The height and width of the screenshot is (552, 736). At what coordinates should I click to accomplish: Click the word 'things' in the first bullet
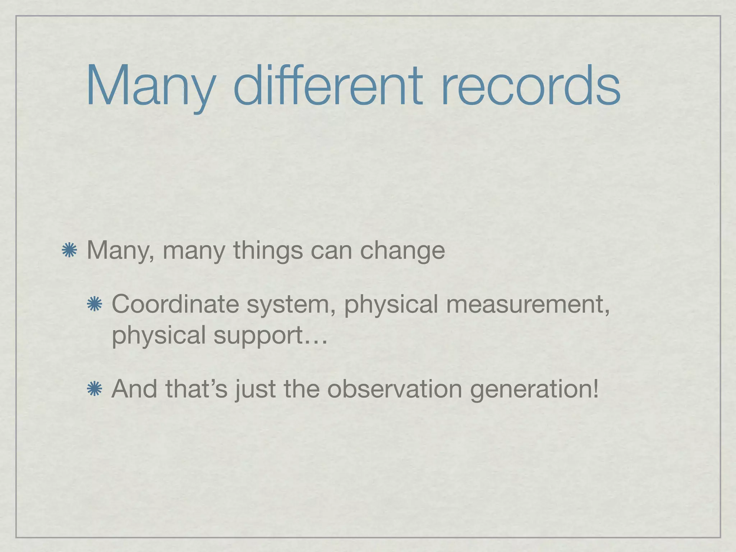(268, 250)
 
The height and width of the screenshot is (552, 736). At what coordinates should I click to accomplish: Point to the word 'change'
(402, 250)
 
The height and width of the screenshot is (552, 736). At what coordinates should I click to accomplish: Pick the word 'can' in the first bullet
(331, 250)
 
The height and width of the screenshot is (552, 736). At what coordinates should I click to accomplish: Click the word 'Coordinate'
(175, 304)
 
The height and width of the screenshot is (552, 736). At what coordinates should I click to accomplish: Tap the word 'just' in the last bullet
(256, 390)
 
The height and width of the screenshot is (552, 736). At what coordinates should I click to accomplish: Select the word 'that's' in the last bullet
(196, 389)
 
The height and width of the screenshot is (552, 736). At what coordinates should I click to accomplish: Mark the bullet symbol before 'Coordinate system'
(95, 304)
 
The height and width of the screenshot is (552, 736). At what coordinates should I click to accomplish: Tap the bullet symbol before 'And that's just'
(95, 389)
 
